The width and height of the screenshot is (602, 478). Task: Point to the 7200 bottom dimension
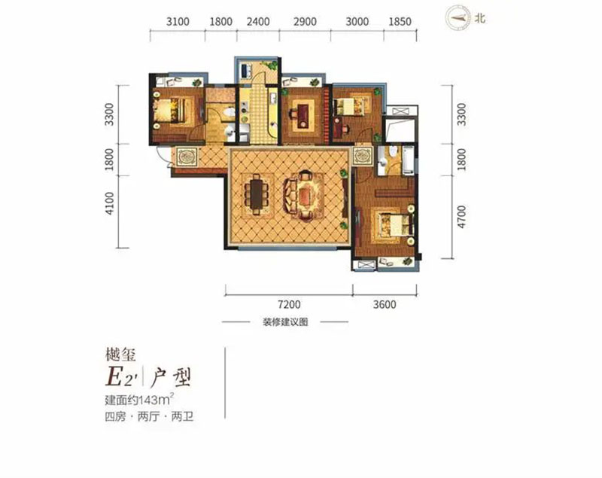[x=289, y=305]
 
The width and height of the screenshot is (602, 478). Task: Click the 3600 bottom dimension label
[x=384, y=305]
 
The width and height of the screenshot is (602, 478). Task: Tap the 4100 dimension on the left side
[x=111, y=204]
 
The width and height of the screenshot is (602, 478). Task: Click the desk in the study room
[x=301, y=113]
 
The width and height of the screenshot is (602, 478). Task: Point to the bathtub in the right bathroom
[x=405, y=160]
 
